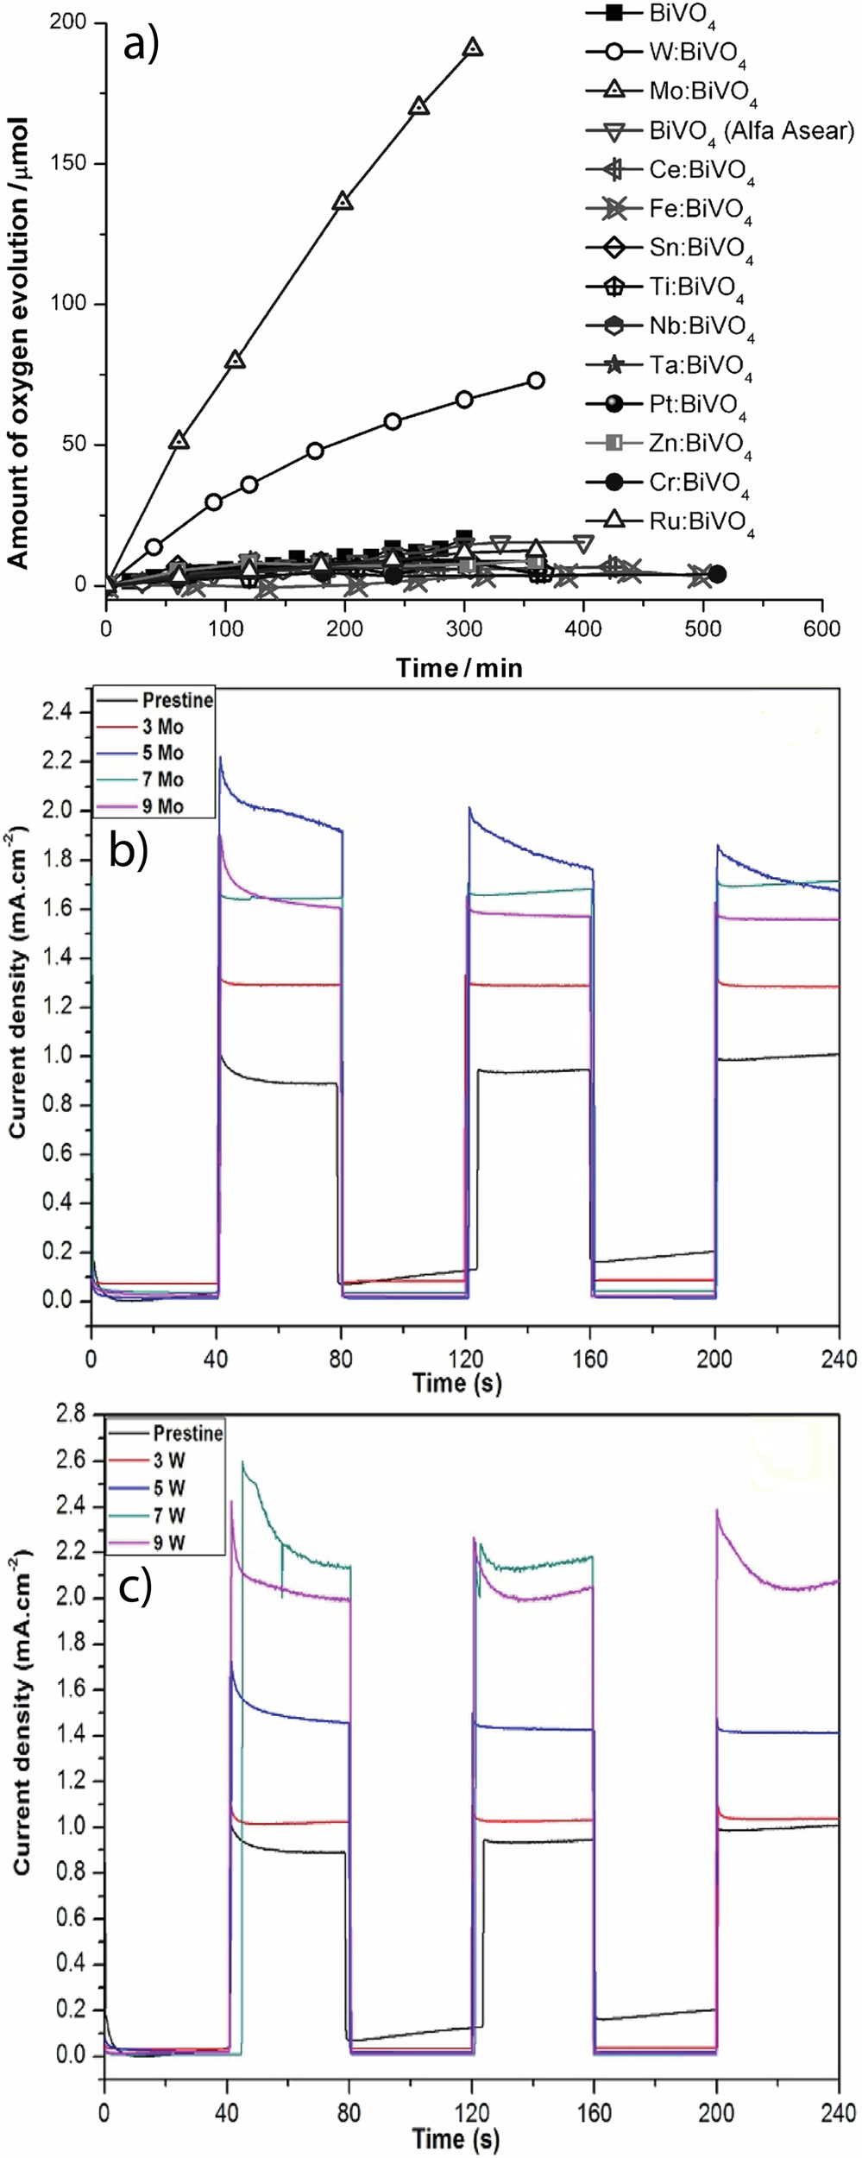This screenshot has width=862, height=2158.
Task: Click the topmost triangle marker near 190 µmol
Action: [x=473, y=47]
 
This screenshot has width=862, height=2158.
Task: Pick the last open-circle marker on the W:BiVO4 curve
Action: [x=535, y=381]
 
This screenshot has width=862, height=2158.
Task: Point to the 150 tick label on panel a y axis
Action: [x=71, y=163]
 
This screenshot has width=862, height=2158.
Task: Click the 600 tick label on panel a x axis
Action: [x=821, y=629]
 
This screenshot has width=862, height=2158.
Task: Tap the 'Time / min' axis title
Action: [x=459, y=667]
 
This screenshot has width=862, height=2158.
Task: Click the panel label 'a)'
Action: [x=141, y=45]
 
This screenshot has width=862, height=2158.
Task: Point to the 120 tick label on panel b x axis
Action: [x=466, y=1358]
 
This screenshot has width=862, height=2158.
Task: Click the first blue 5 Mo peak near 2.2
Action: [x=221, y=758]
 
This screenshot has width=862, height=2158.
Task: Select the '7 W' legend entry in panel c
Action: [x=169, y=1515]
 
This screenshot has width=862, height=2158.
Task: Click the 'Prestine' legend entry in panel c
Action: [x=187, y=1433]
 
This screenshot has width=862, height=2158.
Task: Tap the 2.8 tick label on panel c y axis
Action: [x=73, y=1415]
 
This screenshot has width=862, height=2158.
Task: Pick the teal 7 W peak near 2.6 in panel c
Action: [x=243, y=1462]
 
